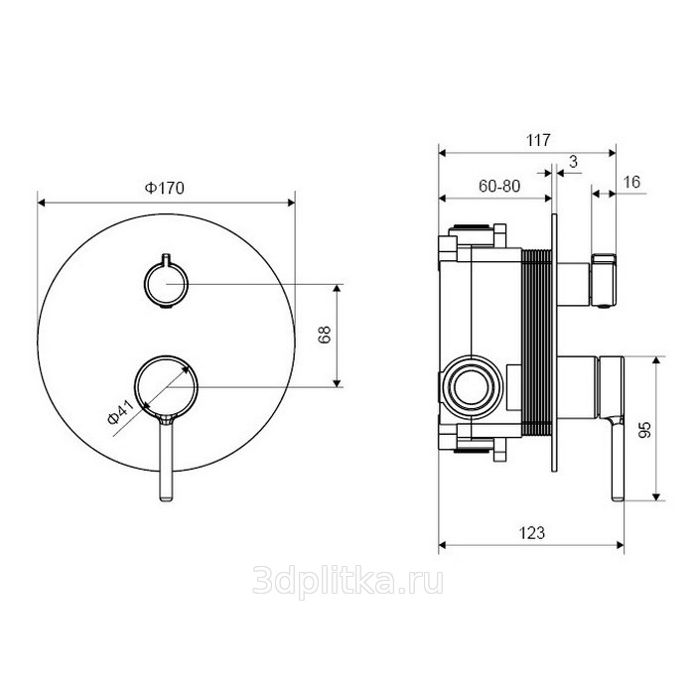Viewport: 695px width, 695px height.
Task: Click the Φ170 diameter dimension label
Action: [x=166, y=187]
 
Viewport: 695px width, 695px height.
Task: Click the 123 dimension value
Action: [x=533, y=532]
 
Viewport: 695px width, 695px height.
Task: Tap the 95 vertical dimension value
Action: [x=644, y=429]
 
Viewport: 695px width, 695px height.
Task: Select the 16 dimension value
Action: [x=633, y=181]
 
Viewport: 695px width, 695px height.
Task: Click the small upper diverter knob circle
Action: [x=164, y=283]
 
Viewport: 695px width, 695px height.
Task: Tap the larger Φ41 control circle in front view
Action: [x=165, y=384]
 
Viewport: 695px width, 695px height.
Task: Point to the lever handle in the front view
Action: [x=164, y=457]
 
